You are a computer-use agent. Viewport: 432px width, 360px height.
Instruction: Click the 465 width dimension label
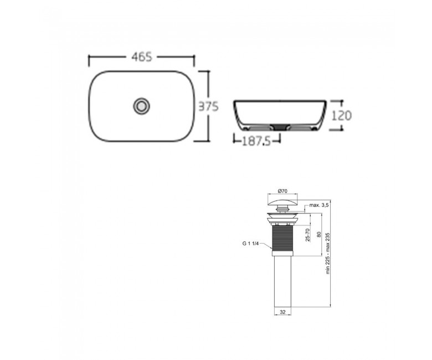(x=142, y=57)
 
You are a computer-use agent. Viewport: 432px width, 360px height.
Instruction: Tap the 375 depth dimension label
(x=209, y=106)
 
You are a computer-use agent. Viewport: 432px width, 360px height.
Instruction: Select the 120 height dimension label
(x=341, y=115)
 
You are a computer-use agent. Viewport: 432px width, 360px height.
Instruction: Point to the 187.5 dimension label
(x=256, y=142)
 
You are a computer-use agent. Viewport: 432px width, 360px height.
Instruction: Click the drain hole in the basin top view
(x=142, y=106)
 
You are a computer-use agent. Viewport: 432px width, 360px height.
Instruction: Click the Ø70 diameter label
(x=282, y=191)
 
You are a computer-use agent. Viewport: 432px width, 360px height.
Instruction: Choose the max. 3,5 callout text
(x=319, y=205)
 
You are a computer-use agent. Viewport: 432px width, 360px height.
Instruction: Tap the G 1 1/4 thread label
(x=250, y=243)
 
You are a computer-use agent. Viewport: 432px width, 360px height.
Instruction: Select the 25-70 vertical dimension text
(x=308, y=235)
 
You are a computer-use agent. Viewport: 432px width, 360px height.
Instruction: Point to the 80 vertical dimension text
(x=319, y=235)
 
